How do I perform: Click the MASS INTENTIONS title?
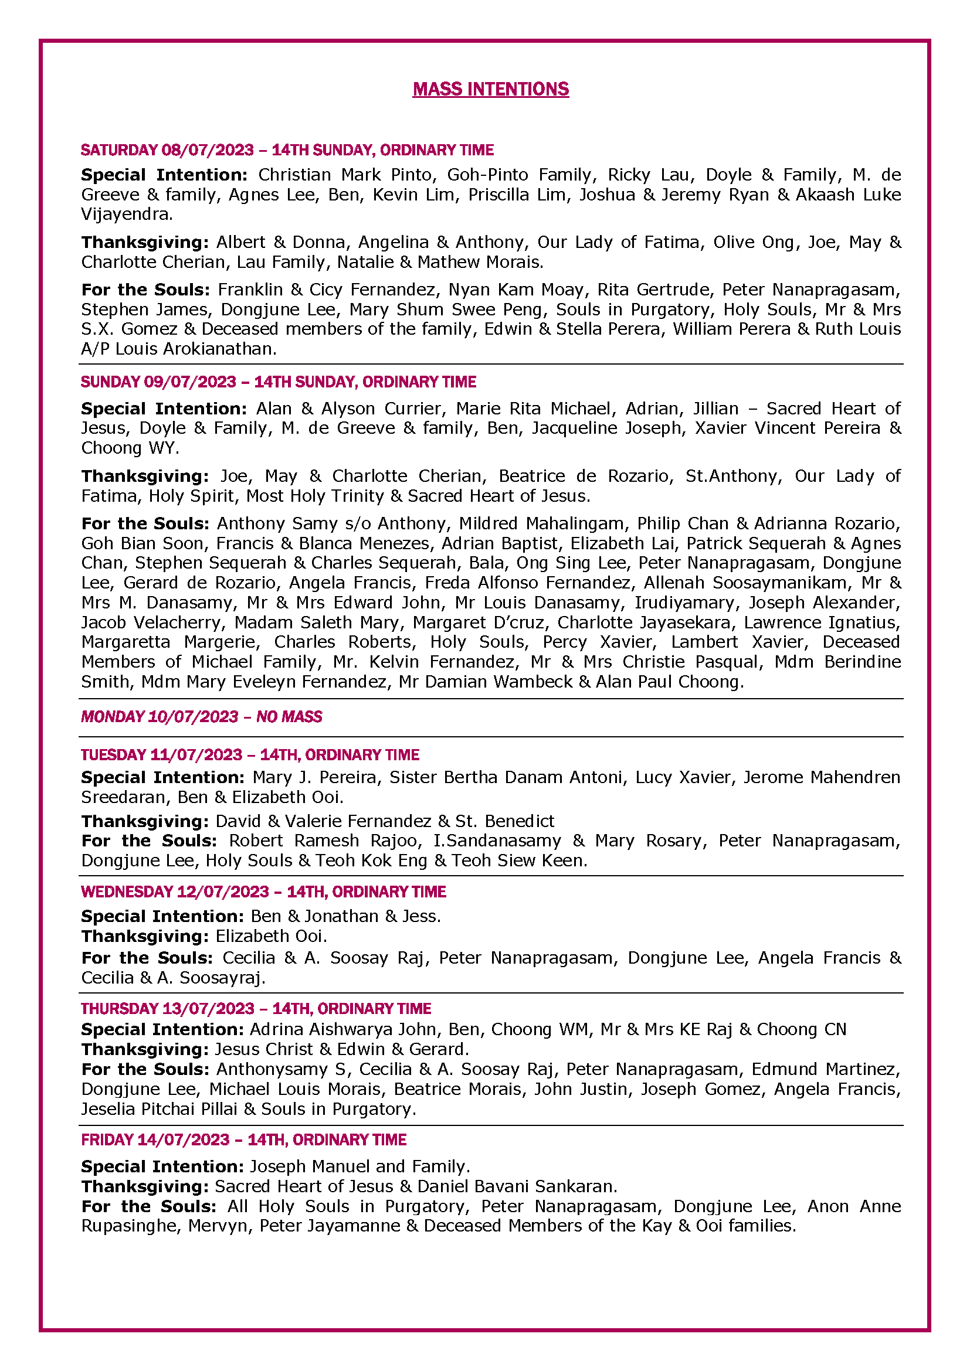pos(490,89)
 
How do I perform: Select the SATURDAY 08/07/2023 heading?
pos(287,150)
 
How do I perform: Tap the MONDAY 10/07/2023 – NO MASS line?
pos(201,716)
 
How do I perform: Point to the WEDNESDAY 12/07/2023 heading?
pos(263,892)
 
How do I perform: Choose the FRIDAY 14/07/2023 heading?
pos(244,1140)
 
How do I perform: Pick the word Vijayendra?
pos(127,214)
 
